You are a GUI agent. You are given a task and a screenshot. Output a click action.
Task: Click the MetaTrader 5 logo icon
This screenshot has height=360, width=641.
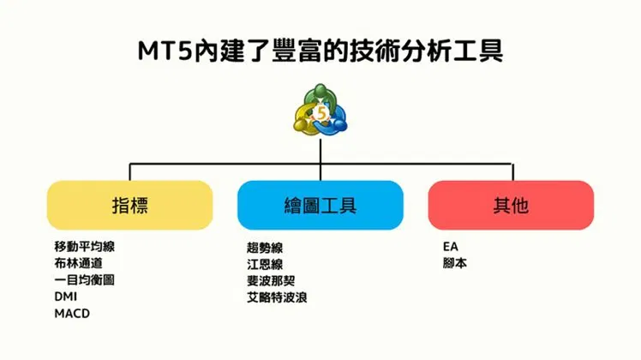point(320,111)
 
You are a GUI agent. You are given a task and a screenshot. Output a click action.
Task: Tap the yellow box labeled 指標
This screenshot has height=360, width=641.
point(130,205)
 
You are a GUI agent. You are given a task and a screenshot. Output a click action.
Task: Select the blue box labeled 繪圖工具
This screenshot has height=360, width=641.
point(320,205)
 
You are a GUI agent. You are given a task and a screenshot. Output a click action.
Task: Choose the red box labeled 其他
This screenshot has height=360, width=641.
point(511,205)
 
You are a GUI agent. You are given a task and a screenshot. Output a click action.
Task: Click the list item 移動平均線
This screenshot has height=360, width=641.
point(85,247)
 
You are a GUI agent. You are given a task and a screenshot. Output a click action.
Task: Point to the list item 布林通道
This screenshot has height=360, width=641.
point(79,263)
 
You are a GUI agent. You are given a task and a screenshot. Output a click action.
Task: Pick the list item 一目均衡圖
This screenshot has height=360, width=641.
point(85,279)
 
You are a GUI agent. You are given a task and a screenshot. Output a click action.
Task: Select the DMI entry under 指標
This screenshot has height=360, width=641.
point(65,297)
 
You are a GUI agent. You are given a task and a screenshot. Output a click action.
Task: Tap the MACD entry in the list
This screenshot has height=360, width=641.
point(72,314)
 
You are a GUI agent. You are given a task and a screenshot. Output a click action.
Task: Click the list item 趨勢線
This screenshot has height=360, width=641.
point(265,248)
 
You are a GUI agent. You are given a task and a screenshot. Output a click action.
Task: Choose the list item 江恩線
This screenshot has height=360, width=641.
point(265,264)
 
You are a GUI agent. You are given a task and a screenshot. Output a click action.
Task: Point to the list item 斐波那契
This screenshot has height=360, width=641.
point(271,280)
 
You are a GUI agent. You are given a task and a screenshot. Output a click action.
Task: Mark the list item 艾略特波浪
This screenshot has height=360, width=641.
point(277,297)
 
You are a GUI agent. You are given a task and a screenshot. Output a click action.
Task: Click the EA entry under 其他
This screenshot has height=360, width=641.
point(451,247)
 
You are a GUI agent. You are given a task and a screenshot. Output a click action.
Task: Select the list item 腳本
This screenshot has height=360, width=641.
point(455,263)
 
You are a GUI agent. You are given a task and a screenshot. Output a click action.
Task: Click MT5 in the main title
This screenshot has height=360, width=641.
point(165,51)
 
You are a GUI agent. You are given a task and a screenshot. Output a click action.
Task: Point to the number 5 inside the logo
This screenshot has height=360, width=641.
point(321,113)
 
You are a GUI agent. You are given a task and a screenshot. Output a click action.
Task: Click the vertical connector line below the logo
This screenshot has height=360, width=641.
point(320,159)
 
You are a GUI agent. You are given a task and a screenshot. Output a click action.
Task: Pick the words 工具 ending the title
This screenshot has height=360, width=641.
point(477,51)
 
